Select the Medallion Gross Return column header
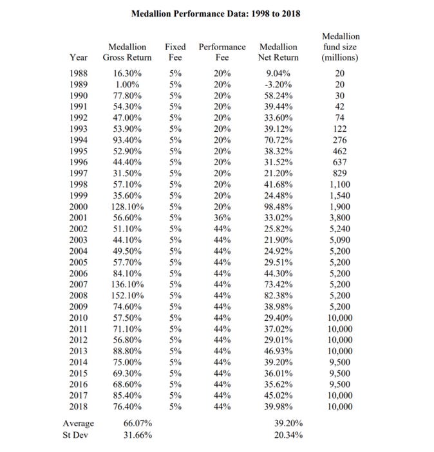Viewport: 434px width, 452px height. click(127, 52)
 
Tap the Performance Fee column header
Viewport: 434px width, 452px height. click(222, 52)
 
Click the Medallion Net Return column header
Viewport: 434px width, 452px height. click(278, 52)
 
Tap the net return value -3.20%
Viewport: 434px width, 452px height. click(279, 84)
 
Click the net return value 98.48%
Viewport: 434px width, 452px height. click(279, 207)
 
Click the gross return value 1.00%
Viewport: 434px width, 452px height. click(127, 84)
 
